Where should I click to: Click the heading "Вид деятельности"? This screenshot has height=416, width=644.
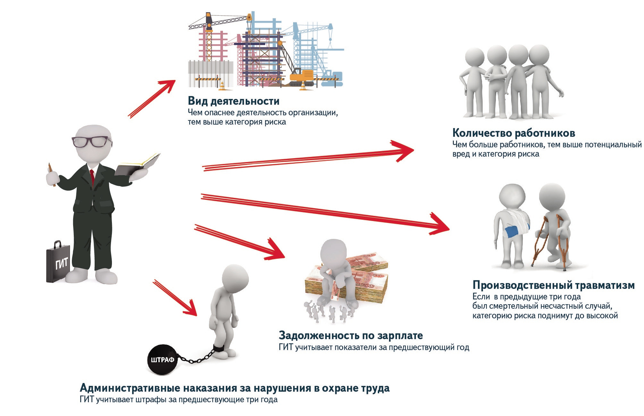coord(233,101)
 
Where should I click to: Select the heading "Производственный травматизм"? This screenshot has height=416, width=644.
coord(554,285)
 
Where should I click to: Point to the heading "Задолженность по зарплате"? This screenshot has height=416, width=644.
coord(351,335)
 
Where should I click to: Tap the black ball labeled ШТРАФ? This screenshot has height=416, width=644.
coord(162,360)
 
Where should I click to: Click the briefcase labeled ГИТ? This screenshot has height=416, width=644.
coord(58,261)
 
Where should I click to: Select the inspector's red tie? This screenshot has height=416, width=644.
coord(92,177)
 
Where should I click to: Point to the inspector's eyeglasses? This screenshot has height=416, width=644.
coord(91,142)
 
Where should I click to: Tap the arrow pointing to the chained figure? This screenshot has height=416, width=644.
coord(175,298)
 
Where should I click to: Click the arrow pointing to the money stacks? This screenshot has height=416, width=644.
coord(240,242)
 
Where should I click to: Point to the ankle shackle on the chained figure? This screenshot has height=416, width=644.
coord(219,347)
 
